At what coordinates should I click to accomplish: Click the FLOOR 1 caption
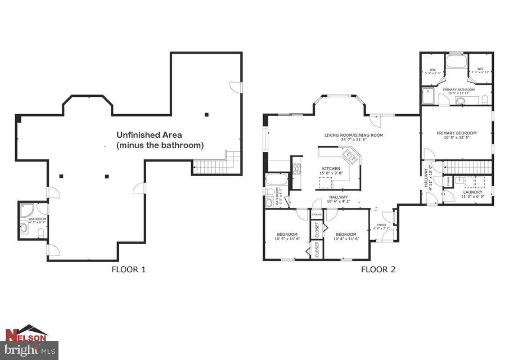pos(129,269)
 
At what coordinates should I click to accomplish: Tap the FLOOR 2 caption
pos(378,269)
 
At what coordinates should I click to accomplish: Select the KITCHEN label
pos(331,169)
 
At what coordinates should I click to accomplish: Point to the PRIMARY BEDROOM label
pos(456,133)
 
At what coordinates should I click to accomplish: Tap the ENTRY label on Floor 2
pos(381,225)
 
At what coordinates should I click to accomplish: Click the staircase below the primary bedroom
pos(468,167)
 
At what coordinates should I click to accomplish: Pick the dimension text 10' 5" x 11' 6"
pos(287,239)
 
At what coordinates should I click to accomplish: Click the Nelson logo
pos(26,334)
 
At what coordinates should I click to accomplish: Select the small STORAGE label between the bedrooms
pos(317,214)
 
